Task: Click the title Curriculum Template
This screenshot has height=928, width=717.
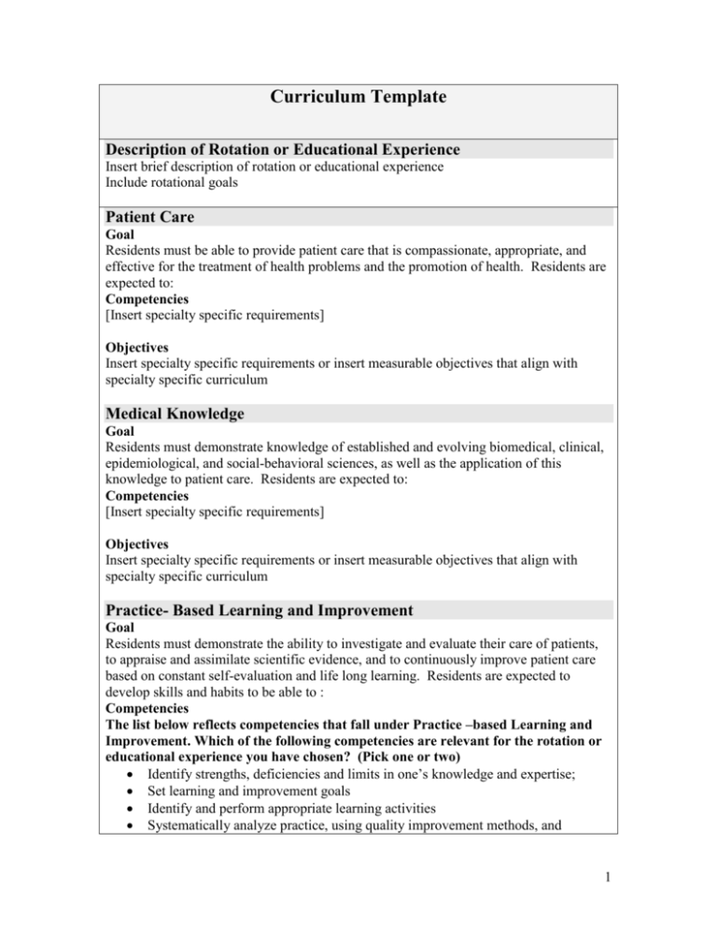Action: (x=358, y=100)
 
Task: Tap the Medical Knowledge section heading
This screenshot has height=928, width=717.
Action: (x=183, y=415)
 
